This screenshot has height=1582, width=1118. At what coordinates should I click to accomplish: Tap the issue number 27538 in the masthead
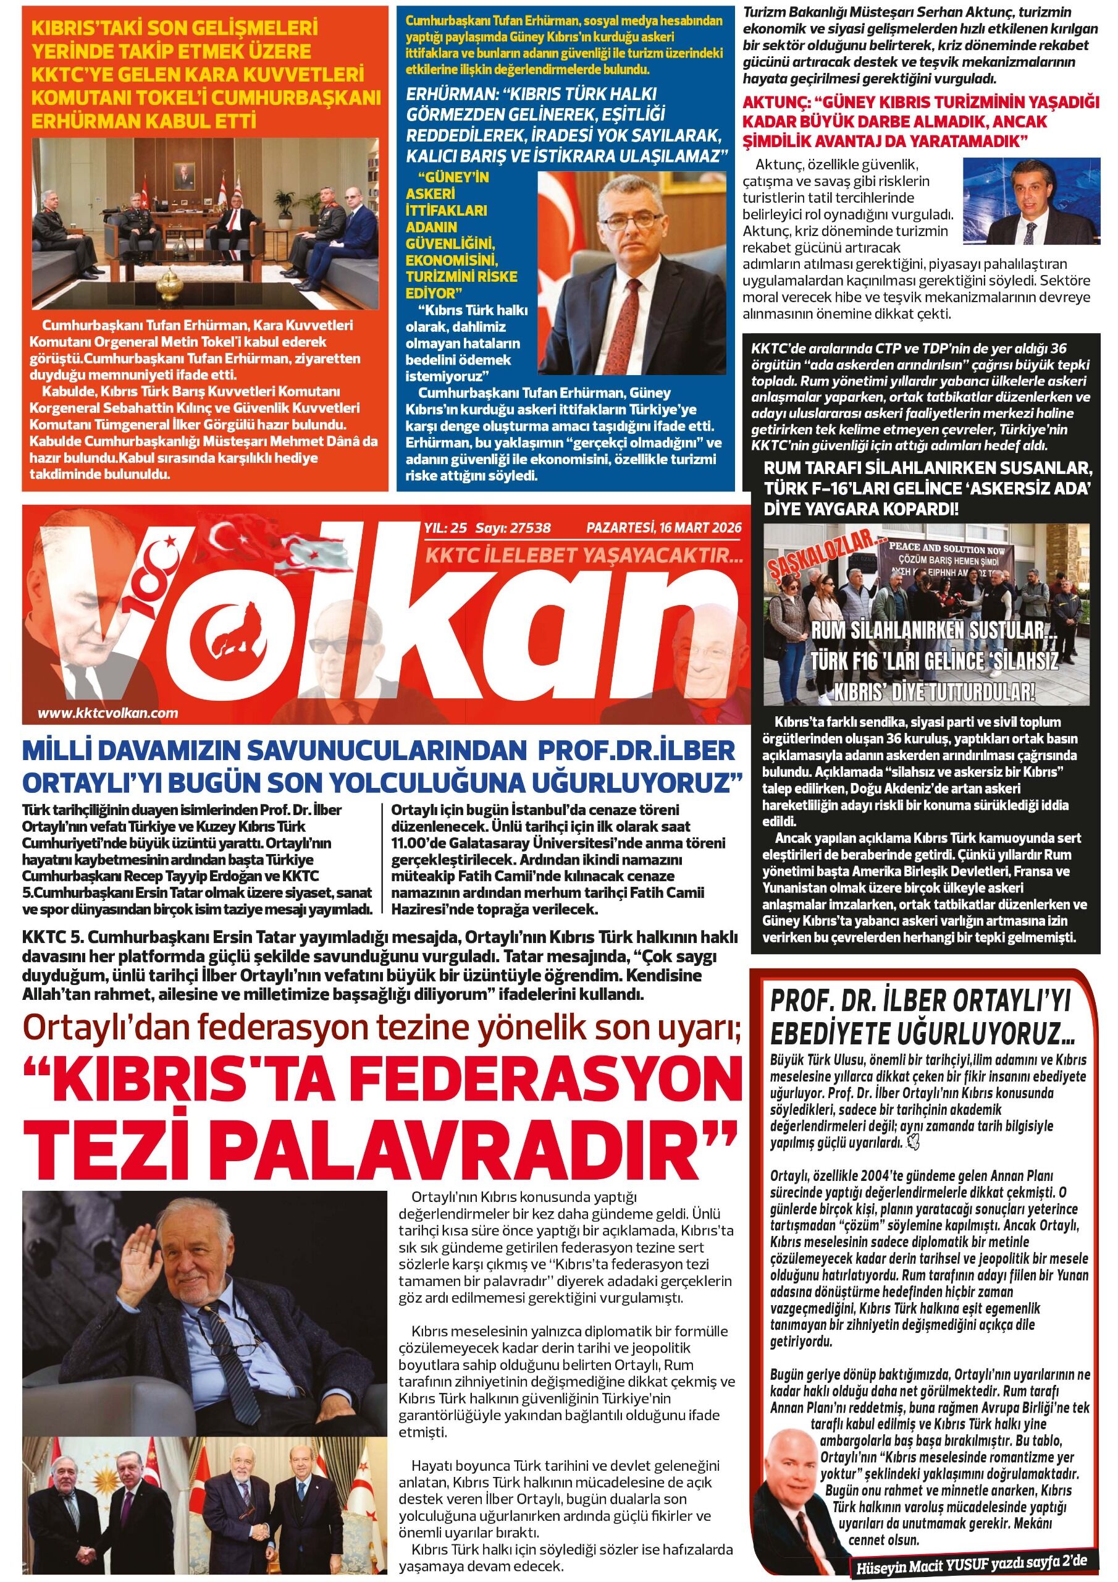pyautogui.click(x=528, y=528)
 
